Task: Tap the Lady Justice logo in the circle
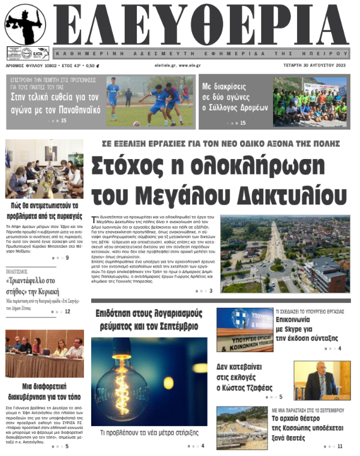click(25, 25)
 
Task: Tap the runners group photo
click(310, 101)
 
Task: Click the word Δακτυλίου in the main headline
click(291, 193)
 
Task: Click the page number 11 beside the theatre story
click(340, 446)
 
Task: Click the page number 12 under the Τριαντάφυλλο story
click(67, 311)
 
